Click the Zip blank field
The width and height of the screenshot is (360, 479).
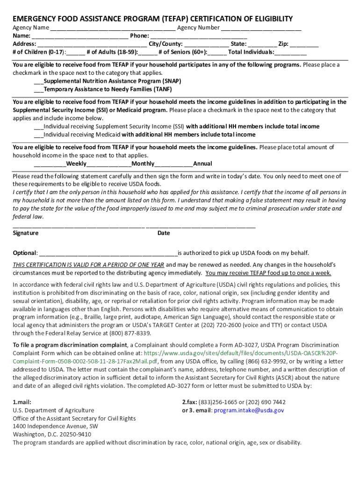(304, 44)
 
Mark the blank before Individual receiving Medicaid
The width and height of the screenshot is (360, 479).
(38, 135)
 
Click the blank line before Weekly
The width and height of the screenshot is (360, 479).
(50, 164)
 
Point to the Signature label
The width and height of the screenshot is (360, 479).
(26, 233)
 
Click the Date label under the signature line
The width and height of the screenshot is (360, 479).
(164, 233)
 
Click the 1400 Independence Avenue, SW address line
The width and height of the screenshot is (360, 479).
(55, 426)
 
